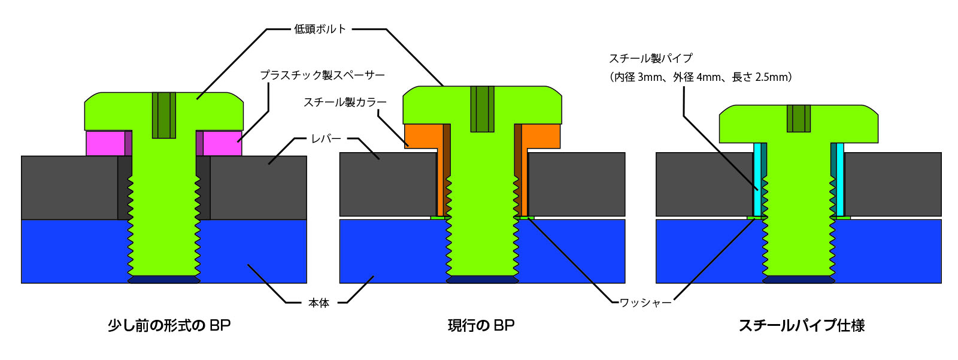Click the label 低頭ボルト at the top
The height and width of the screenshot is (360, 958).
pos(320,29)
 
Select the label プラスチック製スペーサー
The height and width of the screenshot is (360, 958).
pos(322,75)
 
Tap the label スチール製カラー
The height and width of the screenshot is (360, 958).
pos(345,102)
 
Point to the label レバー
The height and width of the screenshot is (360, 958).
pos(326,138)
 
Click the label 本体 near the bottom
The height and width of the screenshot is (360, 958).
pos(319,303)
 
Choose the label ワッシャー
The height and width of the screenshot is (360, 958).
pos(645,303)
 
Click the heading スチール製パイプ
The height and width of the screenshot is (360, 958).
pos(650,58)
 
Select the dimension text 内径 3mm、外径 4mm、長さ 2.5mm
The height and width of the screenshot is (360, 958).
pos(701,77)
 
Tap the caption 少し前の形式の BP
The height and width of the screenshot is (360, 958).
pos(169,325)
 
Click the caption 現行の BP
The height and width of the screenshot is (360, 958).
pos(481,325)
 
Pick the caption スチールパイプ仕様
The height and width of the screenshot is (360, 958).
pos(801,325)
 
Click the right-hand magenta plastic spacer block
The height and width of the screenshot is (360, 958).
pos(222,143)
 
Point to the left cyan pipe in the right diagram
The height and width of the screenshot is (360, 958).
pos(757,180)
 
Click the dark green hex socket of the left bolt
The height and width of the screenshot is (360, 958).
pos(163,115)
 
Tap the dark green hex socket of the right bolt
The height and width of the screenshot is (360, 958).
pos(798,118)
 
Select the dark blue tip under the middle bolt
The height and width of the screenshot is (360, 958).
pos(482,280)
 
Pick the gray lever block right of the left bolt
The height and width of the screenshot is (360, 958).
pos(258,187)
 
